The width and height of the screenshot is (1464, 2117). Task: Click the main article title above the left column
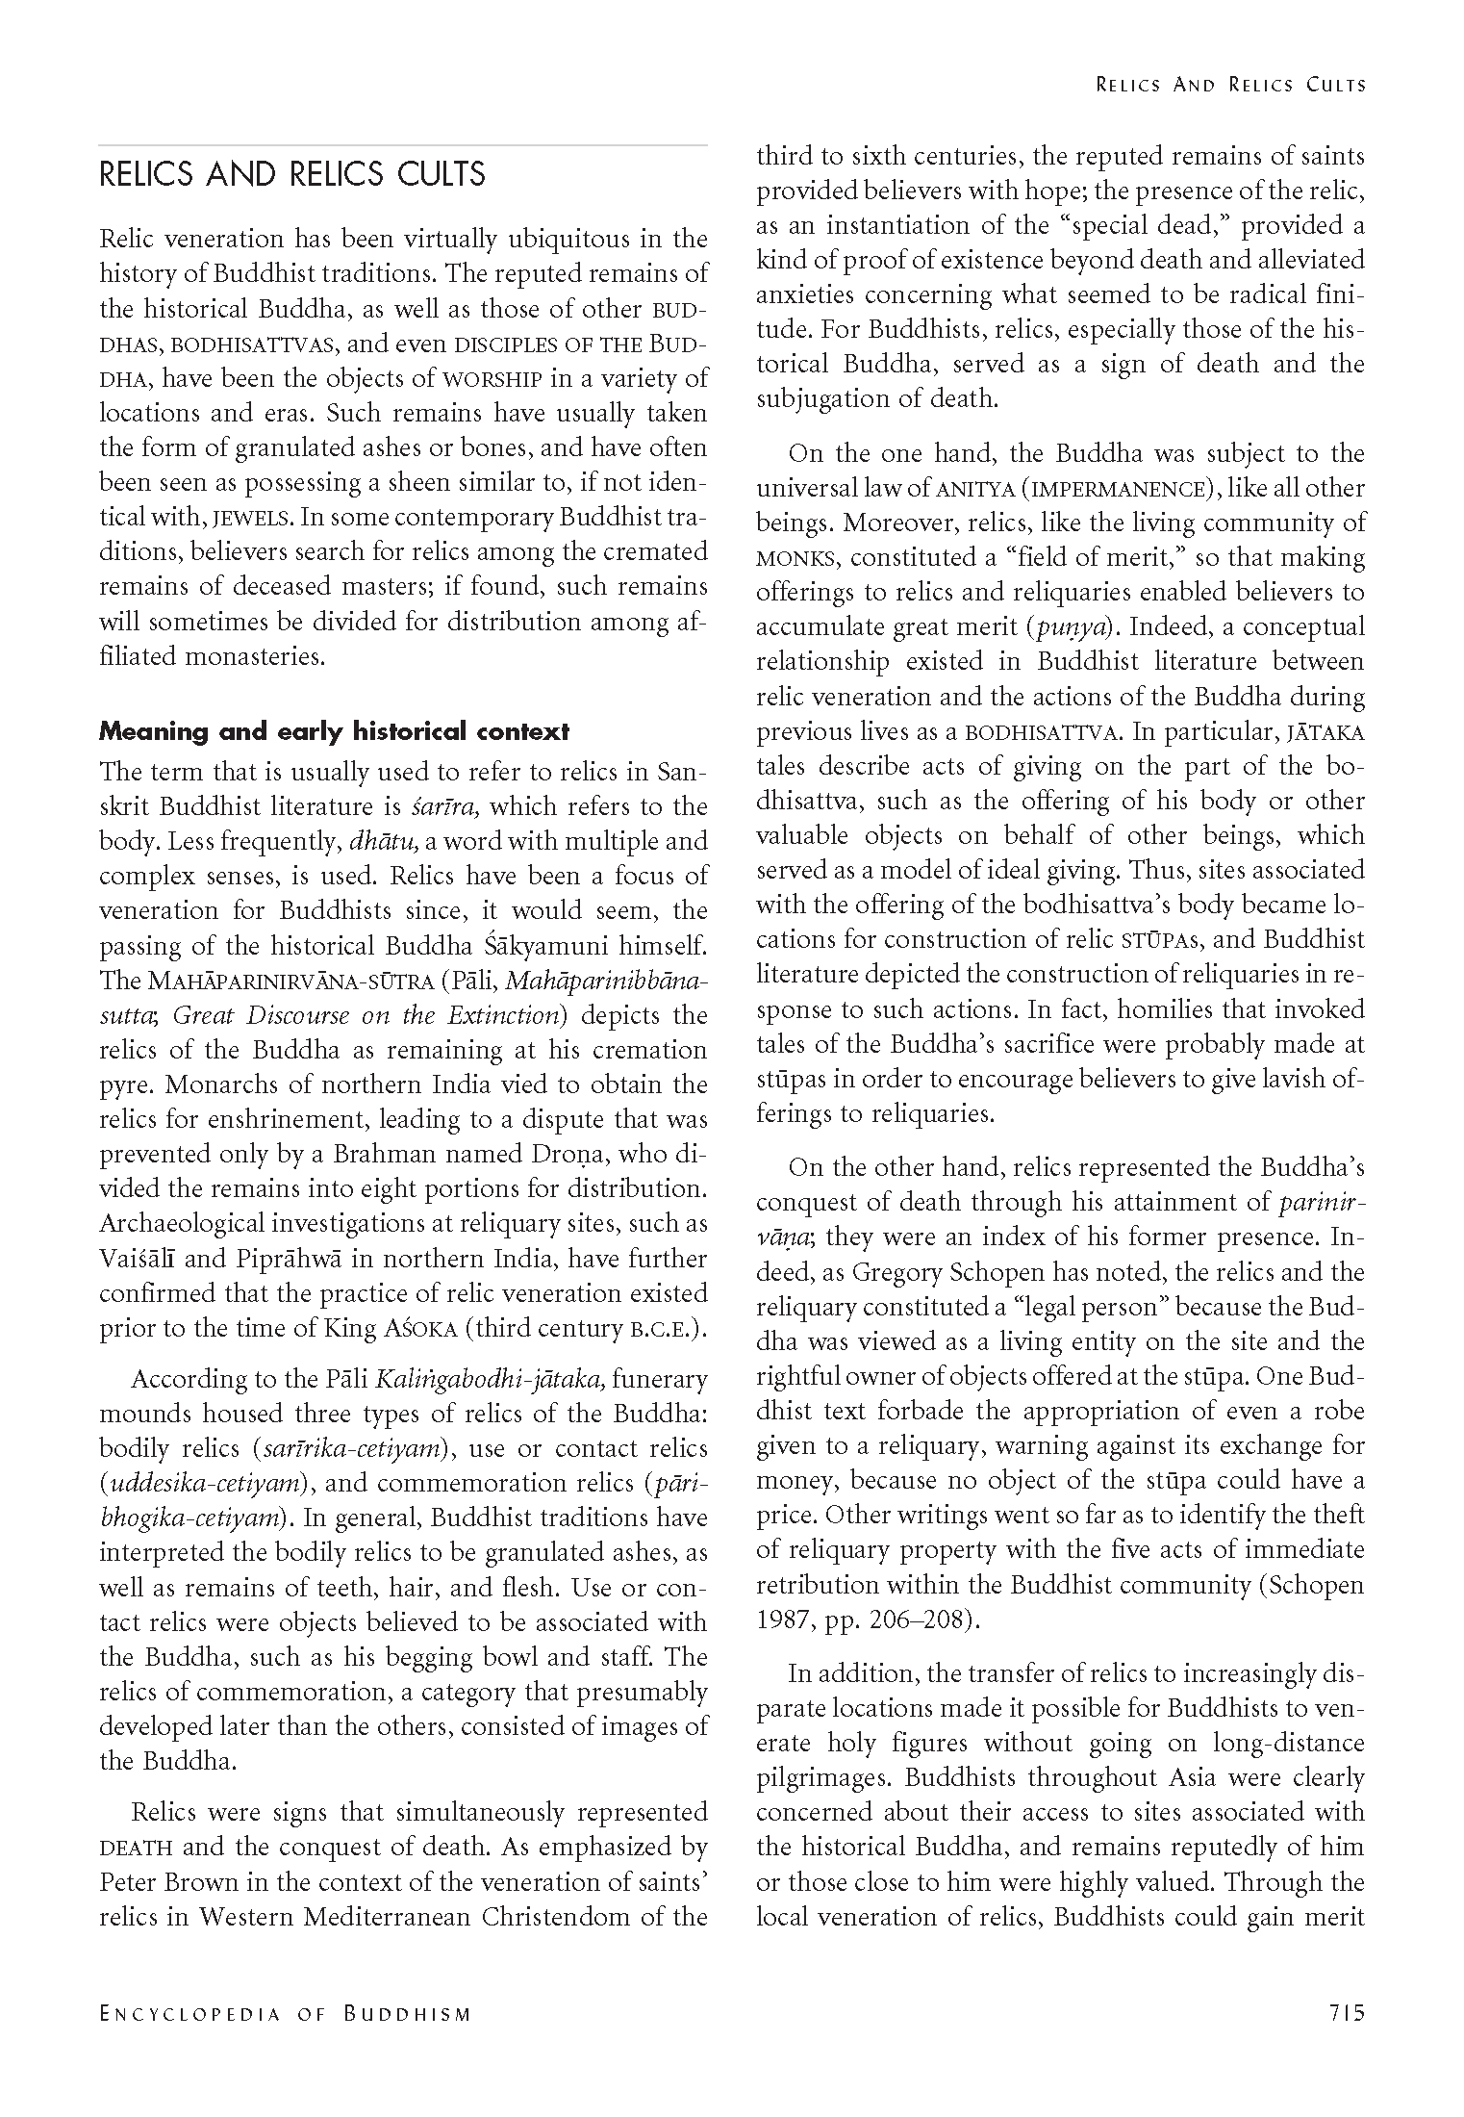(292, 175)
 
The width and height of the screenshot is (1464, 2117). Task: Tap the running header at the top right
(1230, 85)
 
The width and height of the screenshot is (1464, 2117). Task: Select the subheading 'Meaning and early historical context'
(334, 731)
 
